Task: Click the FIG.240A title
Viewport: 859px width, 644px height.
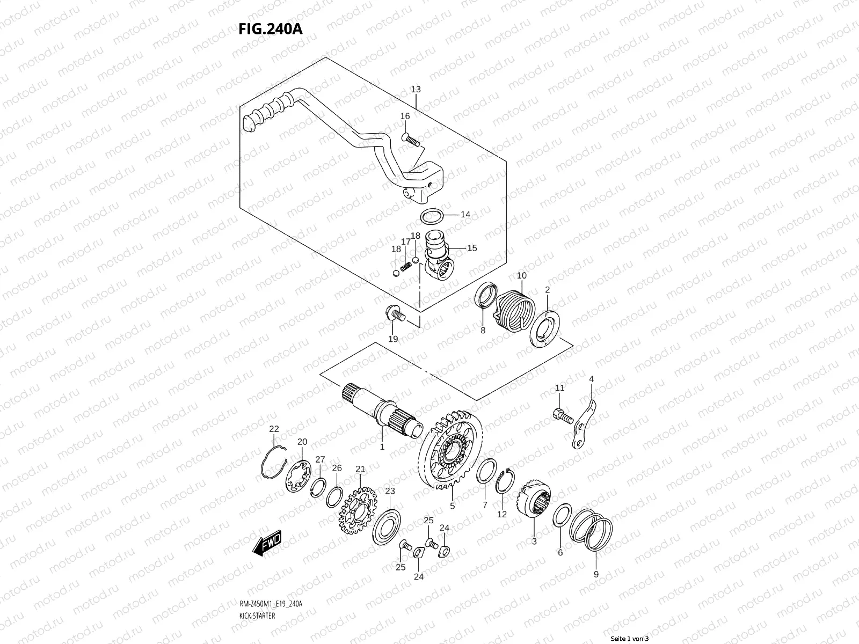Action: pyautogui.click(x=271, y=28)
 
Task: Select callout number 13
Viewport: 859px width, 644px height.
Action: pyautogui.click(x=416, y=89)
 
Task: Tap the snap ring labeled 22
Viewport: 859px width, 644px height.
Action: pyautogui.click(x=274, y=460)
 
